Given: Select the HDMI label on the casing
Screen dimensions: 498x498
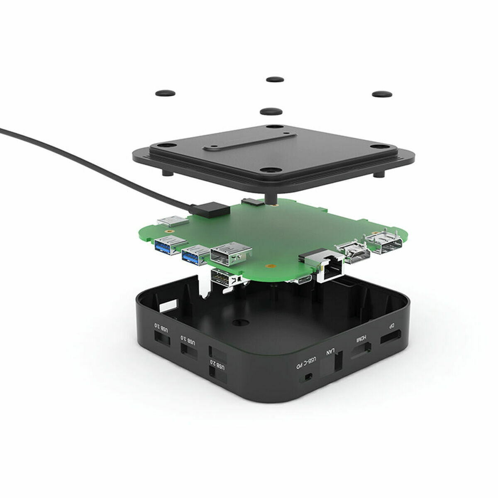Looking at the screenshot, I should pos(361,339).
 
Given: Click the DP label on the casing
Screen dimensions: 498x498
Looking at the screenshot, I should pos(391,327).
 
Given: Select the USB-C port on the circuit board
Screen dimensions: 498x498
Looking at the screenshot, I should pos(300,281).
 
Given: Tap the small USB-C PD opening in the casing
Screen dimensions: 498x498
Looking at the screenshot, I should pos(308,377).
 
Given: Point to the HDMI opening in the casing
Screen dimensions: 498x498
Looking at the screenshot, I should pos(361,352).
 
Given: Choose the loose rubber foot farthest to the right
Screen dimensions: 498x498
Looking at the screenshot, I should pos(382,94).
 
